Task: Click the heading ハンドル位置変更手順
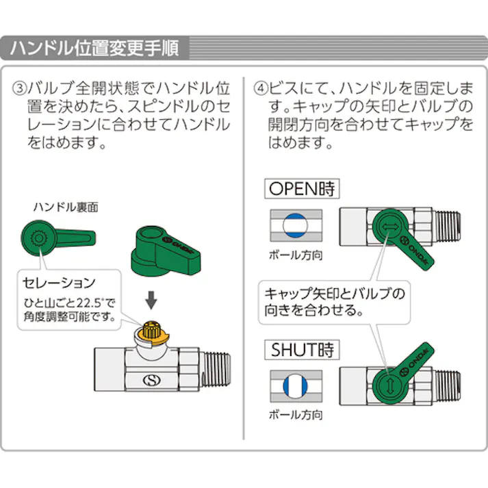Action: (x=94, y=49)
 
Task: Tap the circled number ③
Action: (x=20, y=89)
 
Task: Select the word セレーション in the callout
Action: (x=59, y=282)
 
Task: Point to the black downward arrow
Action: (x=153, y=299)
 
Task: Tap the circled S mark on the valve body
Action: (x=149, y=380)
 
